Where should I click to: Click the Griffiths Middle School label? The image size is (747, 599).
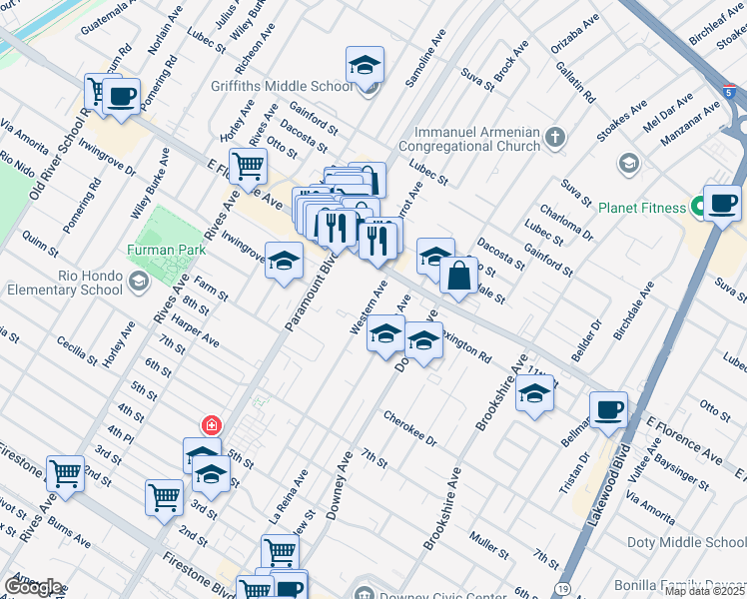pos(283,86)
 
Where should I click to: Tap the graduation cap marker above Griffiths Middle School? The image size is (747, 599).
pos(366,67)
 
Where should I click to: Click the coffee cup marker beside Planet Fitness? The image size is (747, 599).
pos(722,204)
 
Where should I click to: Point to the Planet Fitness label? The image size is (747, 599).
pos(642,209)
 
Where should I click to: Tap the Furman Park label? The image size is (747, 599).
pos(166,249)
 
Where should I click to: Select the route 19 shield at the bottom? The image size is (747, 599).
pos(564,590)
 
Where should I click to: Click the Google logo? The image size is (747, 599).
pos(34,587)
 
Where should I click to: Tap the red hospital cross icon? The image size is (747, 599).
pos(211,425)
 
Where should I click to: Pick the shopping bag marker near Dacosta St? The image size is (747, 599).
pos(457,279)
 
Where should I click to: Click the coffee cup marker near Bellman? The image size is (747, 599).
pos(608,409)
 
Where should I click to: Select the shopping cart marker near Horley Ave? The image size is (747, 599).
pos(248,167)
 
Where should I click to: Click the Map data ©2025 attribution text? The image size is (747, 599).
pos(704,591)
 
